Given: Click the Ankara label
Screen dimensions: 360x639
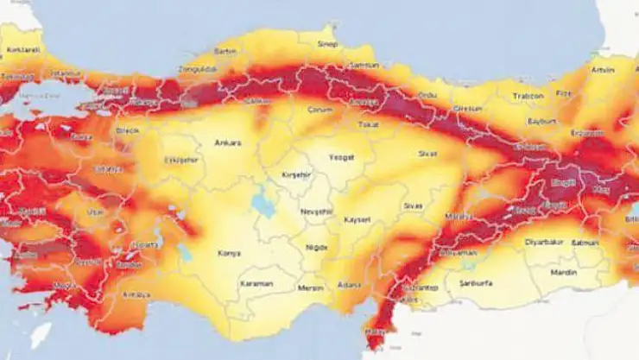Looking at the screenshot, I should click(x=228, y=142).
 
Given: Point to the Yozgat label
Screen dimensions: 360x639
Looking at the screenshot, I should click(x=342, y=157).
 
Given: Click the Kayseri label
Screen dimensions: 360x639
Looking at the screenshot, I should click(x=357, y=219).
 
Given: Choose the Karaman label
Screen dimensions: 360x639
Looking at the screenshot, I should click(x=256, y=283).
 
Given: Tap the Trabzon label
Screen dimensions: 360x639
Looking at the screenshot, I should click(x=528, y=96).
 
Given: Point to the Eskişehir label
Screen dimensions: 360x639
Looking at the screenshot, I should click(x=180, y=160).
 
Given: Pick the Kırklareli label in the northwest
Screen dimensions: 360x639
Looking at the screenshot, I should click(x=24, y=50).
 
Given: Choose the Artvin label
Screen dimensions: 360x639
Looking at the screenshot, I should click(x=601, y=69).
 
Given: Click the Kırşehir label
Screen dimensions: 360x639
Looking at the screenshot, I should click(x=296, y=174).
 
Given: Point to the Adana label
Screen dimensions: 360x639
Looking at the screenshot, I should click(x=350, y=284).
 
